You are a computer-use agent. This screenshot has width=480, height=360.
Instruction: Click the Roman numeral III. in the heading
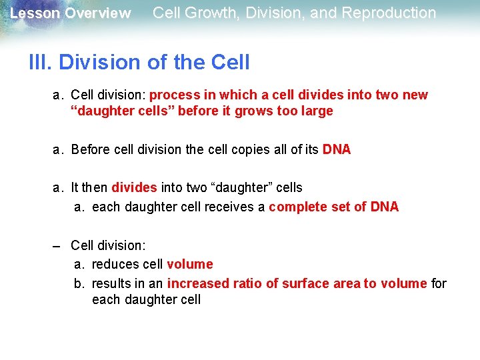coord(41,63)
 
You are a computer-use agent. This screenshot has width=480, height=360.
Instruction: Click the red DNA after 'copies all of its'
coord(337,149)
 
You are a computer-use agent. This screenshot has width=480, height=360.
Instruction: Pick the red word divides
coord(135,188)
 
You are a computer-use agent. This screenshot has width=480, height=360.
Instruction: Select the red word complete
coord(299,207)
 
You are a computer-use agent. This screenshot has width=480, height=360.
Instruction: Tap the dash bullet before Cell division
coord(59,245)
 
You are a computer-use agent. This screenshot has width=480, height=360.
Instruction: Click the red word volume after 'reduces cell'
coord(190,264)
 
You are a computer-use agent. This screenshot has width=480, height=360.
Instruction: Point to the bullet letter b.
coord(79,283)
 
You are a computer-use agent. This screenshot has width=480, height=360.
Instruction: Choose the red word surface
coord(306,283)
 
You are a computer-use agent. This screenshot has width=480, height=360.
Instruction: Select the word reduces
coord(114,264)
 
